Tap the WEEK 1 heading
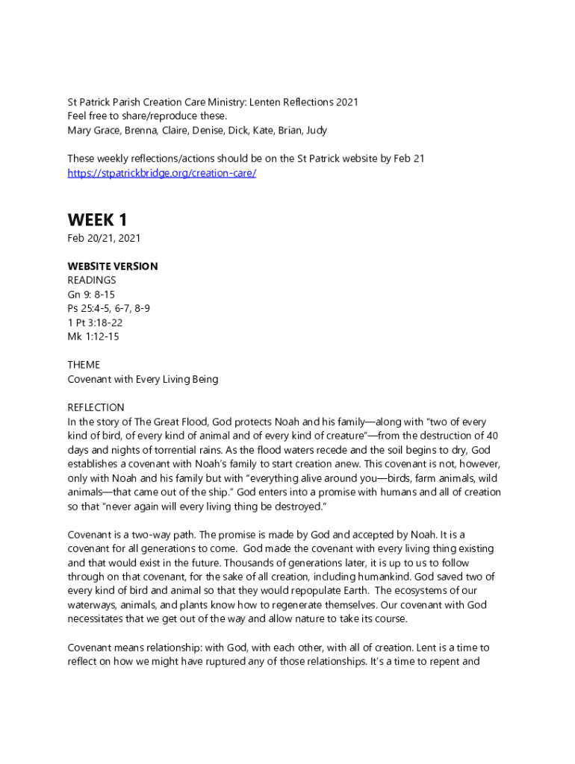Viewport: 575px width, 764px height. click(97, 220)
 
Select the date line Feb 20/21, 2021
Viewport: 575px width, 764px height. click(104, 238)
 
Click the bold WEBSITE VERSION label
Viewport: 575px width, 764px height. click(113, 266)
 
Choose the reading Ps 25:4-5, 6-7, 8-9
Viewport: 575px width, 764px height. click(112, 308)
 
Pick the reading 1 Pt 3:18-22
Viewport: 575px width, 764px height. click(95, 322)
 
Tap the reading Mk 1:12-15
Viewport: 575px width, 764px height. click(93, 336)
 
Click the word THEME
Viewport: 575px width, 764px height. click(84, 365)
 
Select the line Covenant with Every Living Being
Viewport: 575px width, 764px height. click(143, 379)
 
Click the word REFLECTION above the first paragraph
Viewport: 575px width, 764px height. click(96, 407)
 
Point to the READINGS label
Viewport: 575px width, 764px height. click(92, 281)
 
